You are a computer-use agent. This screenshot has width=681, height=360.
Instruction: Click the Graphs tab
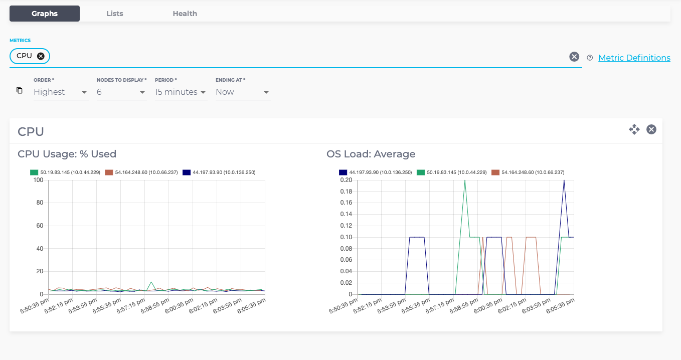(45, 14)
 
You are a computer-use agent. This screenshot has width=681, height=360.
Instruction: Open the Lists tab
(114, 14)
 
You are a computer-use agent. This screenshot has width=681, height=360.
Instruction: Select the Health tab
(185, 14)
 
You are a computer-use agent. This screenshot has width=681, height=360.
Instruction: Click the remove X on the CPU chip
(41, 56)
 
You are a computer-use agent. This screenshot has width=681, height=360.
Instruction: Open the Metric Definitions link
(634, 58)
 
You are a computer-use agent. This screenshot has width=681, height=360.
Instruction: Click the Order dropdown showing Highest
(61, 92)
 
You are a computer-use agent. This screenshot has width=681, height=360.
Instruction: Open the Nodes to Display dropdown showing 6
(121, 92)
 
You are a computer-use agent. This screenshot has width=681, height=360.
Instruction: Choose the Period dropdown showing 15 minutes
(181, 92)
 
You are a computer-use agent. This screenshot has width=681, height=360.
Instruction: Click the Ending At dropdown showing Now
(243, 92)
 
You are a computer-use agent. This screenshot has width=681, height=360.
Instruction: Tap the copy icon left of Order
(20, 90)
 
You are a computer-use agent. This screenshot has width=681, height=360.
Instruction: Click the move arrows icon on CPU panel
(634, 130)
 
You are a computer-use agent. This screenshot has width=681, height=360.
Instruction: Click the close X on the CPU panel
(651, 130)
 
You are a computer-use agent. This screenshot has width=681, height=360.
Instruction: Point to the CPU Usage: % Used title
(67, 154)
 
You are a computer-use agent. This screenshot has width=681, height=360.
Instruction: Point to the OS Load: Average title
(371, 154)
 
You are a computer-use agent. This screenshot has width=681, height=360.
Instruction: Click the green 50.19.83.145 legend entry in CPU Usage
(65, 172)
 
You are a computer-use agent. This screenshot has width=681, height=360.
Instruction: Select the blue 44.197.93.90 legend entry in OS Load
(375, 172)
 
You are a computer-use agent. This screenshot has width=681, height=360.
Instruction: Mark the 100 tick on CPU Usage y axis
(39, 180)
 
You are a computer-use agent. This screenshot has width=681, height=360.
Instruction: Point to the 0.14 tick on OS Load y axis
(346, 214)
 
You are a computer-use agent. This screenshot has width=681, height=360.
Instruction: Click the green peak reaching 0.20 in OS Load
(465, 181)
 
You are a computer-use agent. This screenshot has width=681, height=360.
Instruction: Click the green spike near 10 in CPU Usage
(151, 282)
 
